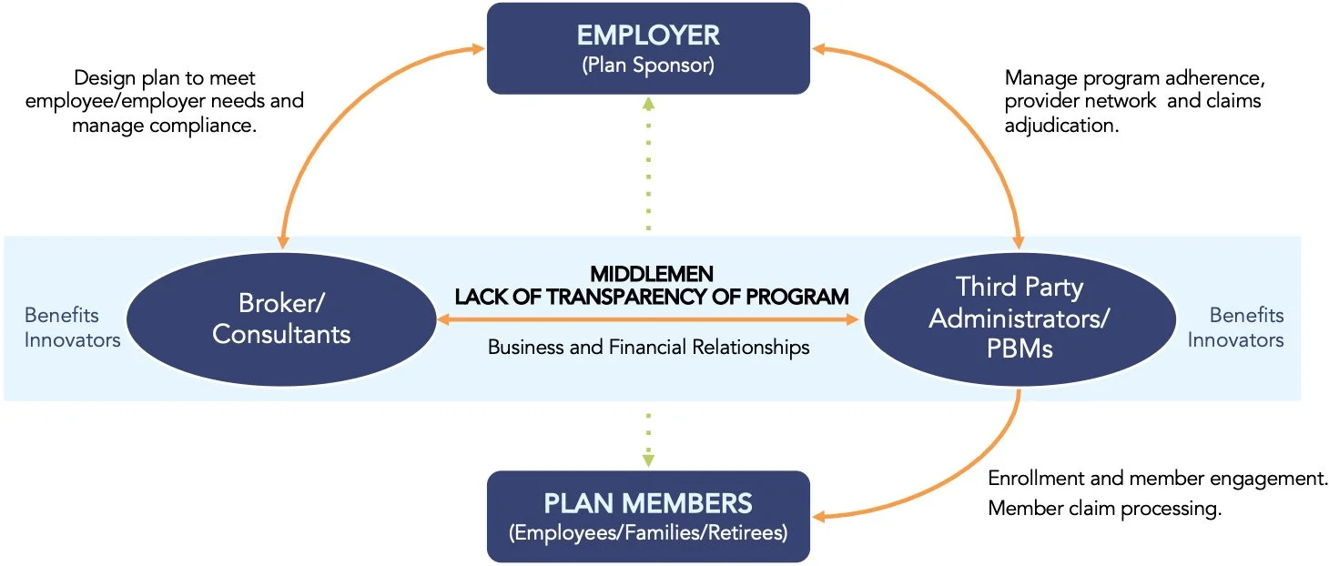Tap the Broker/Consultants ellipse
281,319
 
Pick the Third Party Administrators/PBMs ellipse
1019,318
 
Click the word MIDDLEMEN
652,274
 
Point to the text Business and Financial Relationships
648,347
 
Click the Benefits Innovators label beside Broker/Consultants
72,328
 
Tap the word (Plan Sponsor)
648,66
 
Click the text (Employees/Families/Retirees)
648,532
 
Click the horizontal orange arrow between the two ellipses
648,319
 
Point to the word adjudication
1060,126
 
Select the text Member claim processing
1103,509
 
